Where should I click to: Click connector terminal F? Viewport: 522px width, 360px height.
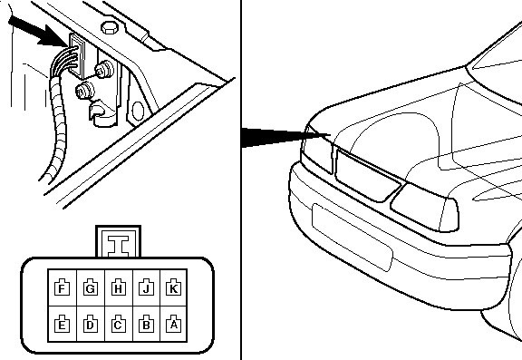click(62, 287)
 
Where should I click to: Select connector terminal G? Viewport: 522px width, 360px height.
click(91, 287)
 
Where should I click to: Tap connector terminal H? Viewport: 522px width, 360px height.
click(118, 287)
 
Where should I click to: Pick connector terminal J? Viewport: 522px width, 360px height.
click(146, 287)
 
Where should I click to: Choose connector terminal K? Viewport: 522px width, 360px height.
click(173, 287)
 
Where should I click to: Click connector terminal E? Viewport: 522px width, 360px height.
click(62, 324)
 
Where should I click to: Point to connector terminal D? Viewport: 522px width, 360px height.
click(91, 324)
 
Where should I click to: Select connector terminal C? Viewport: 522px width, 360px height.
click(118, 324)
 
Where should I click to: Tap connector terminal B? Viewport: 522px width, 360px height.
click(146, 324)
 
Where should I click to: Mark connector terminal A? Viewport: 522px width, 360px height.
click(173, 324)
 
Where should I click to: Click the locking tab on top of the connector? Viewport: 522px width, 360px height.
click(118, 241)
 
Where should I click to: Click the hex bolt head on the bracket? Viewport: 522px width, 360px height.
click(110, 27)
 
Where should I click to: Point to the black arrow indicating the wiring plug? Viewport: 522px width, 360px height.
click(37, 32)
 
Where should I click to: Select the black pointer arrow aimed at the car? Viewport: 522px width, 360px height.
click(285, 137)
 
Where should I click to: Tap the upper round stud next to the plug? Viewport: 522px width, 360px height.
click(104, 70)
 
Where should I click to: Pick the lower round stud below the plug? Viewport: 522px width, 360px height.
click(85, 91)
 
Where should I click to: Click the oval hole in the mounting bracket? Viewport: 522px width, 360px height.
click(138, 111)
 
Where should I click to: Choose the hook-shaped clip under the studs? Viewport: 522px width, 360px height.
click(102, 114)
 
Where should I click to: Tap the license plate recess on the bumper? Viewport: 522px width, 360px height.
click(353, 237)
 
